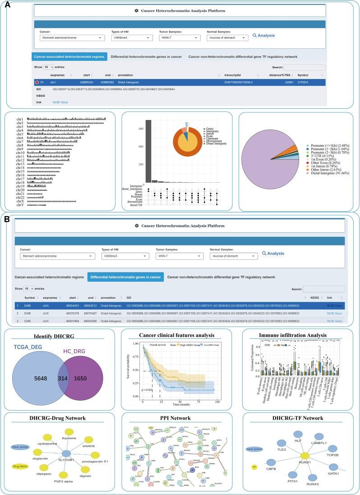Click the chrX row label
19,201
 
